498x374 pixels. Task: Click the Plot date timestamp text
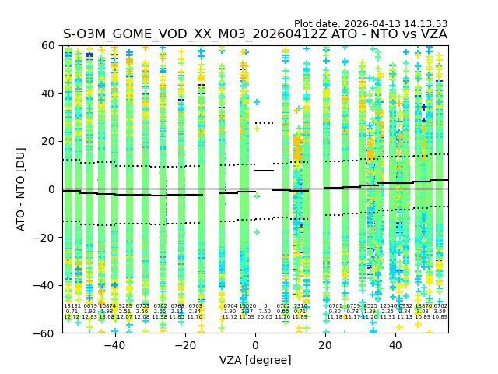370,24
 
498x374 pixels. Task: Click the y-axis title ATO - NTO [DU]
21,189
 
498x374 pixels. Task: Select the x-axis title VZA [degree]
254,360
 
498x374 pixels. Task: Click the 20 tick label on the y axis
48,141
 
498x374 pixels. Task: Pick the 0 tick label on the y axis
51,189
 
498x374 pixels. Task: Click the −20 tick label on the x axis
184,344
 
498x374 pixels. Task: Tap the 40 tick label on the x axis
395,344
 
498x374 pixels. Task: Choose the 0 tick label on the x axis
255,344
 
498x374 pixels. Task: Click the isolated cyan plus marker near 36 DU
257,102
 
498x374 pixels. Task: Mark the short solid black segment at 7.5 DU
265,171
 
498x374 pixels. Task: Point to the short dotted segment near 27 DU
265,123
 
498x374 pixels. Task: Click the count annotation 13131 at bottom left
72,306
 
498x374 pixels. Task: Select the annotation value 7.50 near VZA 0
265,312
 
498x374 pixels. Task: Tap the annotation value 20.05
265,317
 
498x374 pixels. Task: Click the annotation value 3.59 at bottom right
440,312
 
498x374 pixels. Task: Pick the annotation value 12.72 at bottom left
72,317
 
